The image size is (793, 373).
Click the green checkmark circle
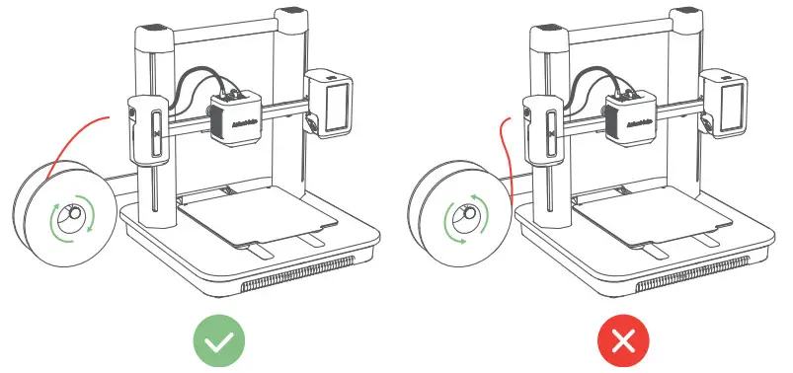click(x=219, y=341)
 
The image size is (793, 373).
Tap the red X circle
click(x=623, y=341)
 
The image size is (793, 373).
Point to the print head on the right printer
click(x=631, y=113)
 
